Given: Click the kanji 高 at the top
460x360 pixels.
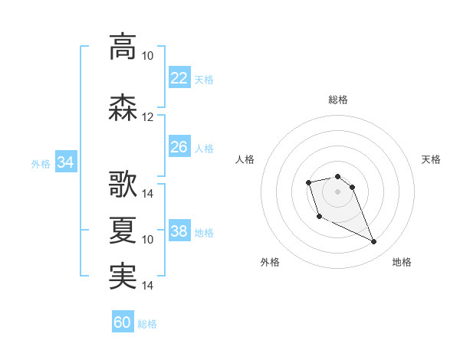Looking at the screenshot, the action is click(x=123, y=47).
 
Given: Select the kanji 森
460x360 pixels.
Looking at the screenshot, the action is click(x=123, y=107).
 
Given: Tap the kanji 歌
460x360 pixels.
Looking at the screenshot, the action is click(x=123, y=184).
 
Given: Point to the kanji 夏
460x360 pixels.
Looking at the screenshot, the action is click(x=123, y=230).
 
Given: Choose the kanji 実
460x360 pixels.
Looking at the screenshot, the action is click(x=123, y=277).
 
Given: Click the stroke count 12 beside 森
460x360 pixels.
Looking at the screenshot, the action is click(x=147, y=117).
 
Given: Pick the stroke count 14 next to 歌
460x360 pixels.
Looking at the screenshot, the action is click(x=147, y=194).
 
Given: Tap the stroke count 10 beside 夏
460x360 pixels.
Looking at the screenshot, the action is click(x=147, y=240).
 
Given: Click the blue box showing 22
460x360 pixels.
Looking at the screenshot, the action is click(x=179, y=77).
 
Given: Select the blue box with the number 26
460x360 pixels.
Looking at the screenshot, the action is click(x=179, y=146).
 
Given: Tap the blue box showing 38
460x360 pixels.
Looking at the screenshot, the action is click(x=179, y=230).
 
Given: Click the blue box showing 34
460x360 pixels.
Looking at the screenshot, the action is click(x=66, y=162).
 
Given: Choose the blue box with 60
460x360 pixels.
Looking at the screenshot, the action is click(x=123, y=321).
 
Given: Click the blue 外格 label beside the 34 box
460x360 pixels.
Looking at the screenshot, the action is click(x=41, y=164).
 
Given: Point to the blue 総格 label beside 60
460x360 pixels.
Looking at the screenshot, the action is click(x=147, y=324).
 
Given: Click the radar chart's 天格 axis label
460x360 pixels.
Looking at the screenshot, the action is click(x=431, y=159).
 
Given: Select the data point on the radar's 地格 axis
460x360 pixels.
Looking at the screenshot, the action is click(x=373, y=241).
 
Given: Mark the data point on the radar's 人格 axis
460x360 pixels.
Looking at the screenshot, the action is click(x=308, y=182).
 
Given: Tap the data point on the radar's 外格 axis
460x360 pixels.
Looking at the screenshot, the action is click(x=320, y=217).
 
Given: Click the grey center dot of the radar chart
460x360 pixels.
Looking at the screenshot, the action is click(x=337, y=191).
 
